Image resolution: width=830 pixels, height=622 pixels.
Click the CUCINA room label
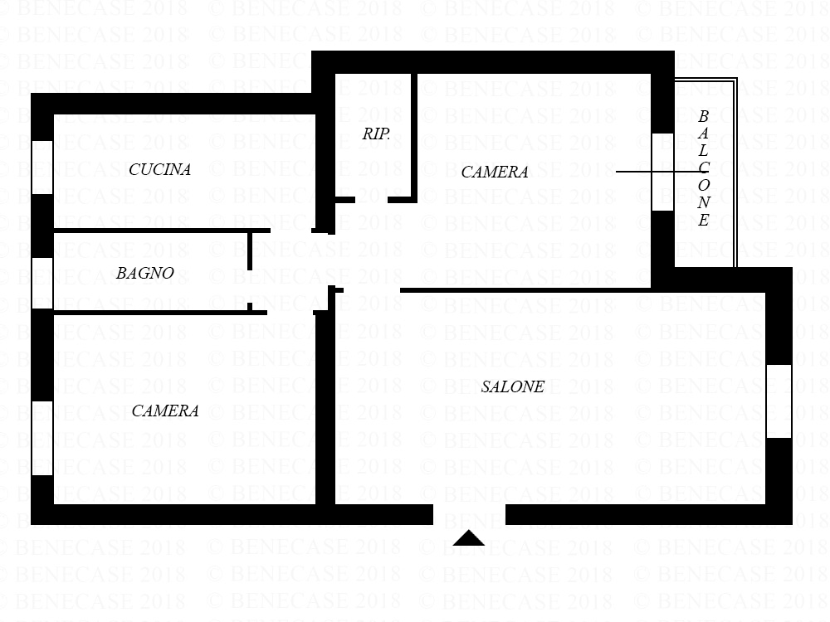160,169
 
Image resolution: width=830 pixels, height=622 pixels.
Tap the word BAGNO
145,273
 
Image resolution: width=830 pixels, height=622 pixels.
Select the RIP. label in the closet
376,134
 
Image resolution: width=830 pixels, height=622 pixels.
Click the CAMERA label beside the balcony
495,172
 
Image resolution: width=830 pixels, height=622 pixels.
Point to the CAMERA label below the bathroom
165,411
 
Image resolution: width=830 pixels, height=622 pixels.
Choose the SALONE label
512,386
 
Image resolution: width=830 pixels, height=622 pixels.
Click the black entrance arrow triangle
468,538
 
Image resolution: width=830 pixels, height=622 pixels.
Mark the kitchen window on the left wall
42,168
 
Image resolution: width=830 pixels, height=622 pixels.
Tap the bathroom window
42,283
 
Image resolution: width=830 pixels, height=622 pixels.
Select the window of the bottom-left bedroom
42,438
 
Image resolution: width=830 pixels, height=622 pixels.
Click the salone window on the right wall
779,401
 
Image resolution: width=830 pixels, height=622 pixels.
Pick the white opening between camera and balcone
662,172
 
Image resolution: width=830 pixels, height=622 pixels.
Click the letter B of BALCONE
703,116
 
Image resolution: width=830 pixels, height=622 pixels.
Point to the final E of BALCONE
703,220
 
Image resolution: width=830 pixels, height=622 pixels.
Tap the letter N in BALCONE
703,202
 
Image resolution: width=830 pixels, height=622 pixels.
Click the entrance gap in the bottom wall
470,515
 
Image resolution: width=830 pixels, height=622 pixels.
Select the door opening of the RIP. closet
371,200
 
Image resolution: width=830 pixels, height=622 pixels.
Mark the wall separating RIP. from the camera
414,138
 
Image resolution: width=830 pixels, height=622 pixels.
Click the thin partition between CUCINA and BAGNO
162,231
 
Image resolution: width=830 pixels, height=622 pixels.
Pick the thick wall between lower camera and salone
325,408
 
